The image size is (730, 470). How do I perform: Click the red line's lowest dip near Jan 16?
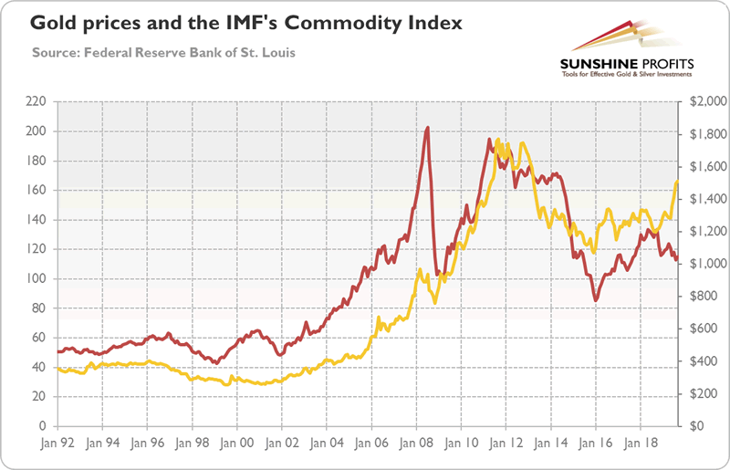click(x=596, y=300)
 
